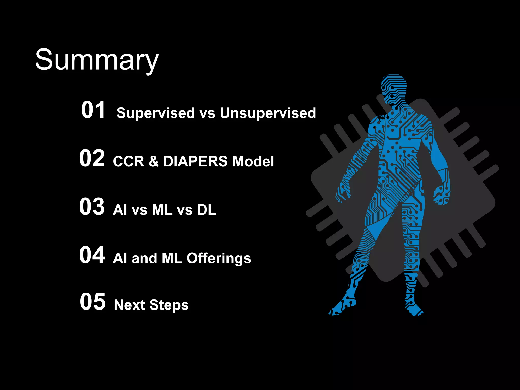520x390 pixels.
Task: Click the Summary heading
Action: pyautogui.click(x=97, y=60)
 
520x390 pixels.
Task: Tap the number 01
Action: pyautogui.click(x=93, y=110)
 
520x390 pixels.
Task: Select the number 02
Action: pyautogui.click(x=92, y=158)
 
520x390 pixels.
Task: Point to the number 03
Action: pyautogui.click(x=92, y=206)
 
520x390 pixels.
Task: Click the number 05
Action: pyautogui.click(x=93, y=301)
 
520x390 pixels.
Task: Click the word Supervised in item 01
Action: pyautogui.click(x=155, y=113)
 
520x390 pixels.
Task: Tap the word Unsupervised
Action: pyautogui.click(x=268, y=113)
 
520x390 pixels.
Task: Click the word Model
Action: pyautogui.click(x=253, y=161)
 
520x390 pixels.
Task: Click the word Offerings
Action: pyautogui.click(x=219, y=258)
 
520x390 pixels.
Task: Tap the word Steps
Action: pyautogui.click(x=169, y=305)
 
